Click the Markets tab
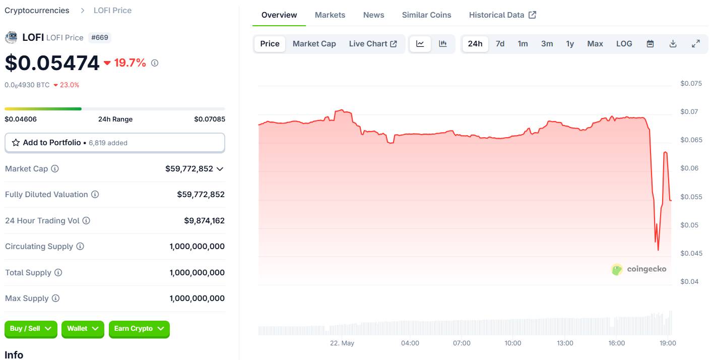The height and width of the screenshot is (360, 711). click(330, 15)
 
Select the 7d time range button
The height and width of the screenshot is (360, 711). click(500, 44)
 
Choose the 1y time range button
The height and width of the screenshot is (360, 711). click(570, 44)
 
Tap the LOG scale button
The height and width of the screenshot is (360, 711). click(624, 44)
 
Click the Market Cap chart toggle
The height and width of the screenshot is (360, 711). click(314, 44)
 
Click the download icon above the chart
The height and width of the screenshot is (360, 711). click(673, 44)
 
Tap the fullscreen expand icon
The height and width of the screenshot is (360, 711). click(695, 44)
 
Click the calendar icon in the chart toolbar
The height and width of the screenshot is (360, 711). click(650, 44)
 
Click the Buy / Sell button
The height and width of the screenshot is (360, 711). click(31, 329)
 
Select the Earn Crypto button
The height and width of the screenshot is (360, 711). click(139, 329)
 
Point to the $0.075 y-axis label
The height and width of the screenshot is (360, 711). click(691, 83)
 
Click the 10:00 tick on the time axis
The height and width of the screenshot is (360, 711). click(513, 343)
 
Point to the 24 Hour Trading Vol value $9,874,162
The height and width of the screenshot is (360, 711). click(204, 220)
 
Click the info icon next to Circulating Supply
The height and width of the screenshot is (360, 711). click(80, 247)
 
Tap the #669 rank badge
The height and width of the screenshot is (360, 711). click(100, 37)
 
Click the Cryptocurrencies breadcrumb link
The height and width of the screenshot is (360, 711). click(37, 11)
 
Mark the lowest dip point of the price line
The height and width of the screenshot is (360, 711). click(658, 250)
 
